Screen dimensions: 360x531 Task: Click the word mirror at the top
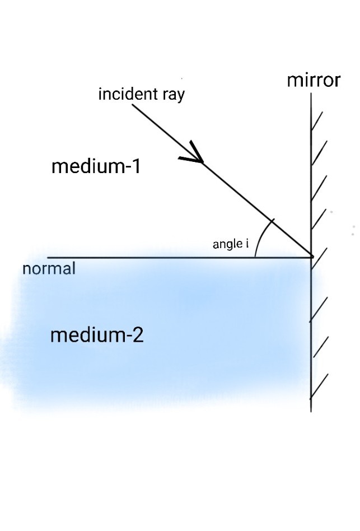pyautogui.click(x=314, y=81)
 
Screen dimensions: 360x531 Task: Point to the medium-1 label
pyautogui.click(x=96, y=166)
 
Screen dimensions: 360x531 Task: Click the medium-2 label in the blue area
pyautogui.click(x=96, y=336)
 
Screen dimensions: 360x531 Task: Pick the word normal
pyautogui.click(x=49, y=269)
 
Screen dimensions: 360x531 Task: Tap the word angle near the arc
pyautogui.click(x=227, y=245)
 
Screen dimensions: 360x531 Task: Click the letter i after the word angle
pyautogui.click(x=247, y=244)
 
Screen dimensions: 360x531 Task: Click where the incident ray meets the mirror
pyautogui.click(x=311, y=257)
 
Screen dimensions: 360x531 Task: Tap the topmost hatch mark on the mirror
pyautogui.click(x=317, y=122)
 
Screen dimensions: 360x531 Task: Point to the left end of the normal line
pyautogui.click(x=48, y=258)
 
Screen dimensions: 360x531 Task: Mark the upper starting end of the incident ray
pyautogui.click(x=133, y=105)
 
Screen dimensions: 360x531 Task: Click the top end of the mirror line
pyautogui.click(x=311, y=94)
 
